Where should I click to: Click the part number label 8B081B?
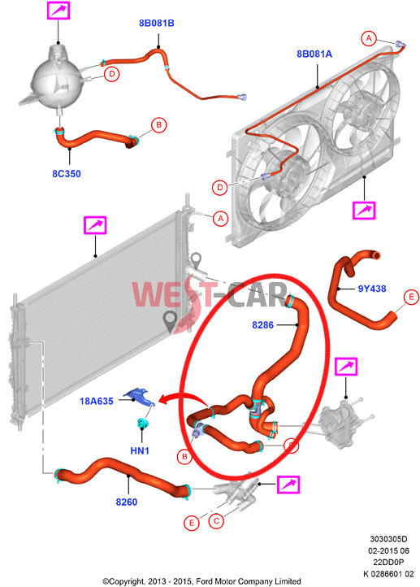156,24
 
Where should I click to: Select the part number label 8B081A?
314,54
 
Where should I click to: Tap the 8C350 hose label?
66,174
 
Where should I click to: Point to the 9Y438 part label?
372,289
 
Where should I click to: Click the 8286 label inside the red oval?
262,325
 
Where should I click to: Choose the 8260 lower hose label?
127,502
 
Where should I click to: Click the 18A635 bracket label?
96,402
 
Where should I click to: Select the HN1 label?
140,450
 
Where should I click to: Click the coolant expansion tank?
56,78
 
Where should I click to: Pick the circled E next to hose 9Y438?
411,298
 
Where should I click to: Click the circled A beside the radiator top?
220,218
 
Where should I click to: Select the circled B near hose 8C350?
159,124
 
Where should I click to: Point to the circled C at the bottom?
216,520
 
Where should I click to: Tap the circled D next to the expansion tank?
111,74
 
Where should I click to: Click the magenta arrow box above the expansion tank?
58,10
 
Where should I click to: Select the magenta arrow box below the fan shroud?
364,210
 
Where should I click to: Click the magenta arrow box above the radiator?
95,225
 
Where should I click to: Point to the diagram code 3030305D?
388,539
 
